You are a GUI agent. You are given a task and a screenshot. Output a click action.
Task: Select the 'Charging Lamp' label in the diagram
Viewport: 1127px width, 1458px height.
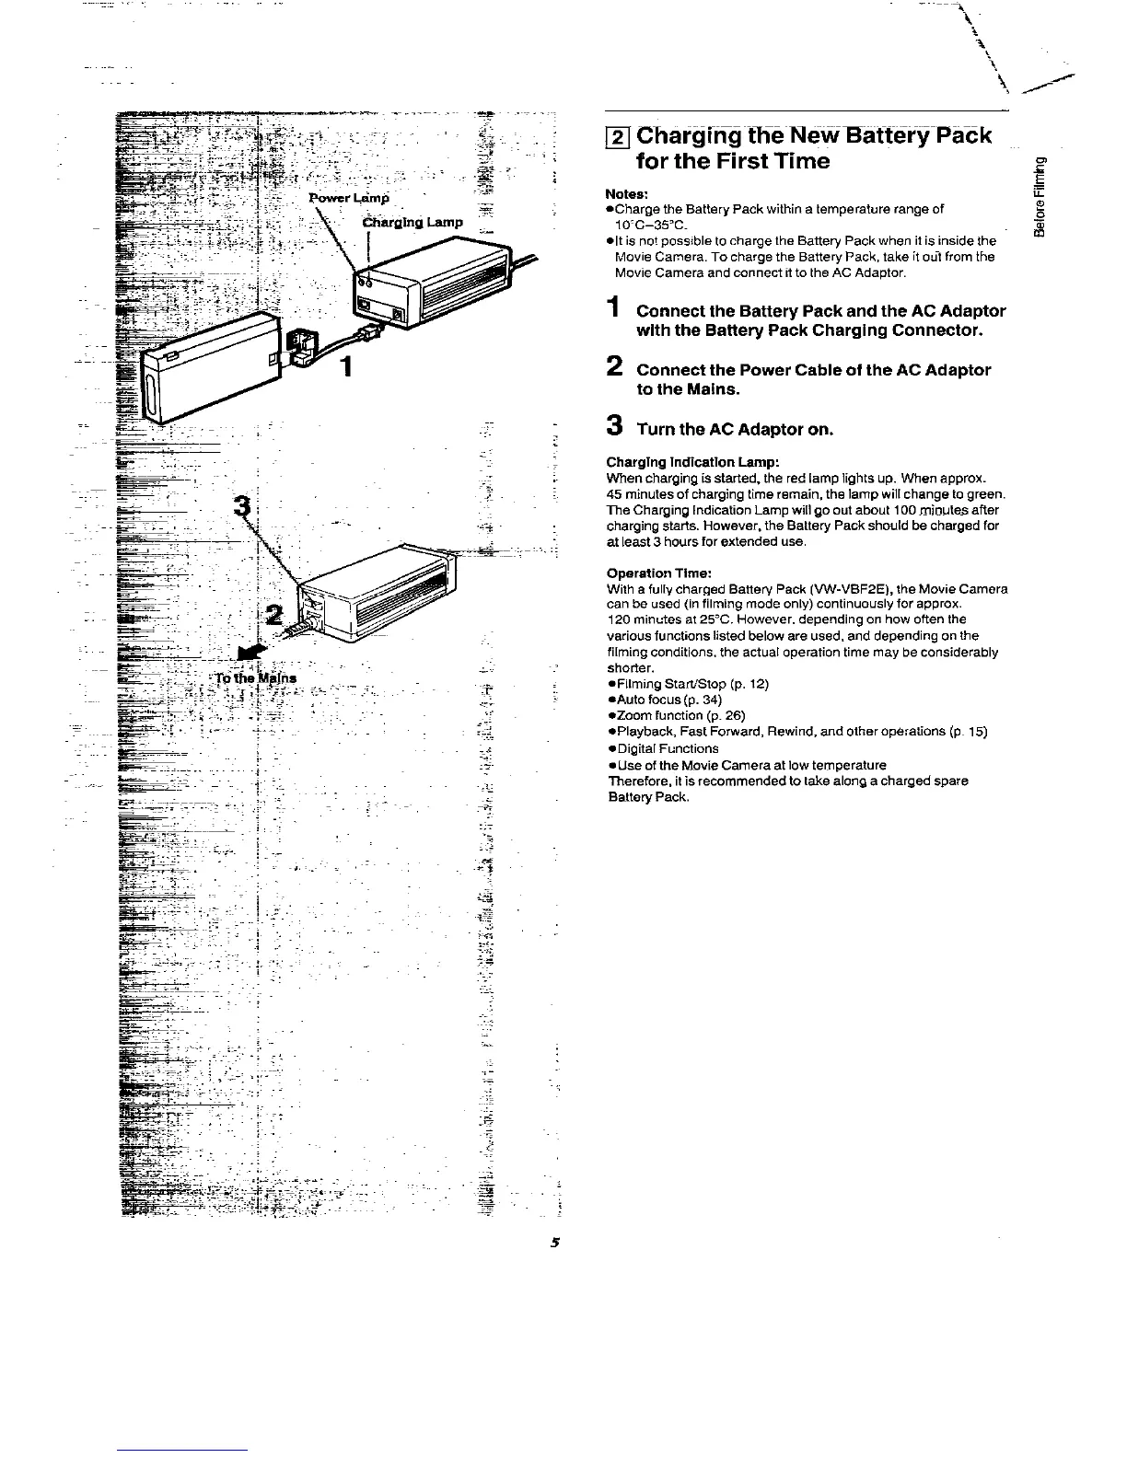tap(412, 222)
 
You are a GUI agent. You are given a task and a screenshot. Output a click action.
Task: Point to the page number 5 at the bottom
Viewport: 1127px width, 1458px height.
tap(555, 1242)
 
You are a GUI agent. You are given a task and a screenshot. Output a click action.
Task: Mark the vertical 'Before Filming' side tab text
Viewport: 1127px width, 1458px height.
tap(1040, 195)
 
